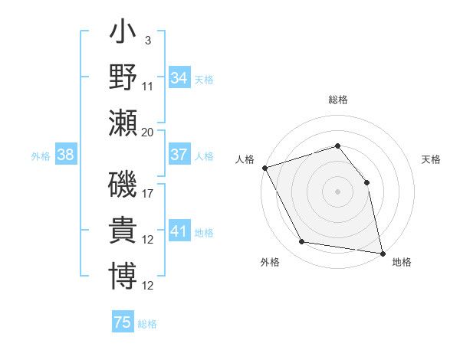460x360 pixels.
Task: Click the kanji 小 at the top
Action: (x=123, y=35)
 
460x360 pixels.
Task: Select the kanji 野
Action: (x=123, y=77)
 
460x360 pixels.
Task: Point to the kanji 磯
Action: (x=123, y=187)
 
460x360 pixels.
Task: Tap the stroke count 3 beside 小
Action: (x=147, y=40)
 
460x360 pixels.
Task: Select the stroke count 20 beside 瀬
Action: (x=148, y=131)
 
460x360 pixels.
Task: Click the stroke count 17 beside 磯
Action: (x=148, y=193)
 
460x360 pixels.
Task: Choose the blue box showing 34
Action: (x=179, y=77)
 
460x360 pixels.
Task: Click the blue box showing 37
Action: (x=179, y=155)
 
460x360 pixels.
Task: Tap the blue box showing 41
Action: (x=179, y=231)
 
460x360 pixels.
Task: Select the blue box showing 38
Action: (x=65, y=155)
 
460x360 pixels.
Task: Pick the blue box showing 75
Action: (x=123, y=322)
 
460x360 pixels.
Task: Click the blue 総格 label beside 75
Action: (x=147, y=323)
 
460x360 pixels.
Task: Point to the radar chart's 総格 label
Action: (x=337, y=100)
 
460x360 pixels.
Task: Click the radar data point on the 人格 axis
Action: (x=264, y=168)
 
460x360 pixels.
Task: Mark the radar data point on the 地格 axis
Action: (x=382, y=252)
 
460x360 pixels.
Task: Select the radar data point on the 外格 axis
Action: (x=302, y=242)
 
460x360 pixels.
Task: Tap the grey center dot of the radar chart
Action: (x=337, y=191)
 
